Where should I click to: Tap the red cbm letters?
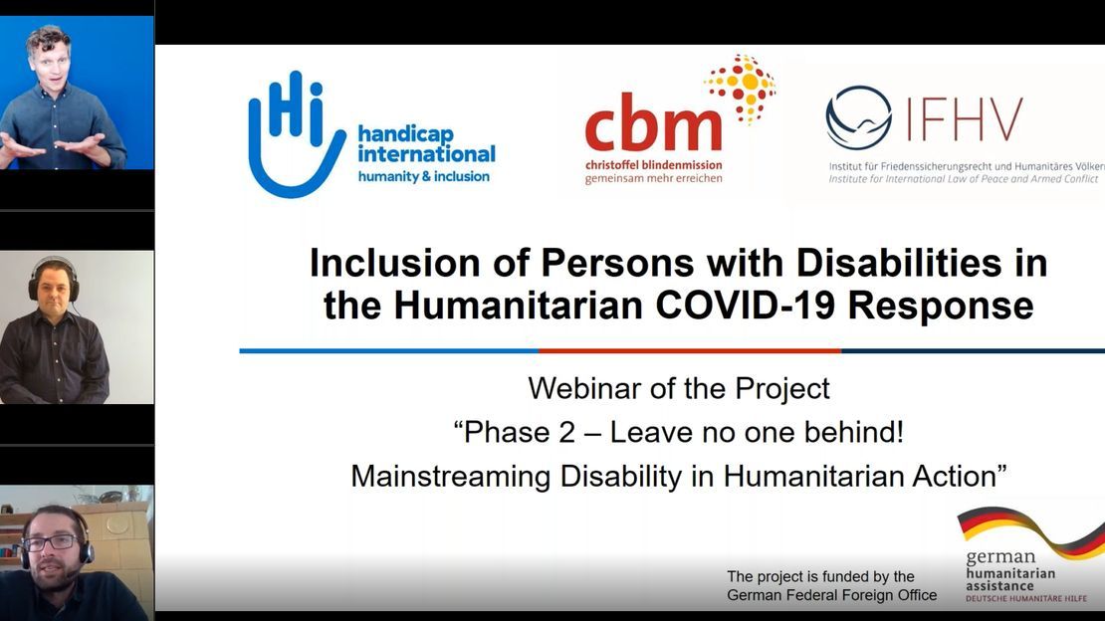click(x=653, y=126)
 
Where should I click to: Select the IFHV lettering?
click(x=964, y=119)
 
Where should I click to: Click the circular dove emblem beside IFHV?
click(x=858, y=117)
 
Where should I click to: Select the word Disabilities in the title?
click(x=899, y=264)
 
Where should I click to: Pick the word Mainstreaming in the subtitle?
click(x=450, y=477)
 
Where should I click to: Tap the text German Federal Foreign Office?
click(x=831, y=595)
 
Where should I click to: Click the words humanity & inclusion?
click(x=423, y=176)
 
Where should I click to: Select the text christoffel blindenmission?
click(x=653, y=165)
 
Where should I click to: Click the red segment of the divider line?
click(x=690, y=350)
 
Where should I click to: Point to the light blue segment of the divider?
click(x=389, y=350)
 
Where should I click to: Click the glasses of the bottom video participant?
click(x=51, y=542)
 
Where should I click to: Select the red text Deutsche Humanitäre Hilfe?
click(x=1026, y=598)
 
